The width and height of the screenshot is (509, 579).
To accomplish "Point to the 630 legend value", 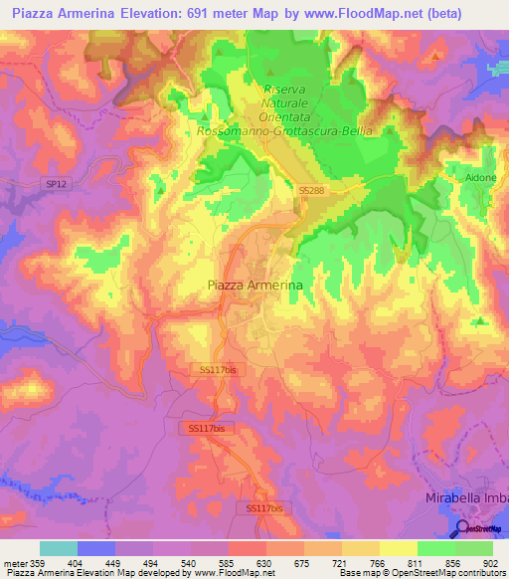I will [265, 562].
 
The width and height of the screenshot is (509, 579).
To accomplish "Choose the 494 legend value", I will [152, 562].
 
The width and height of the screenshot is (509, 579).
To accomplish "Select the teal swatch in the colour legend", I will [58, 548].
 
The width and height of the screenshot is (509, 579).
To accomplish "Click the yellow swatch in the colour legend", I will [398, 548].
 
